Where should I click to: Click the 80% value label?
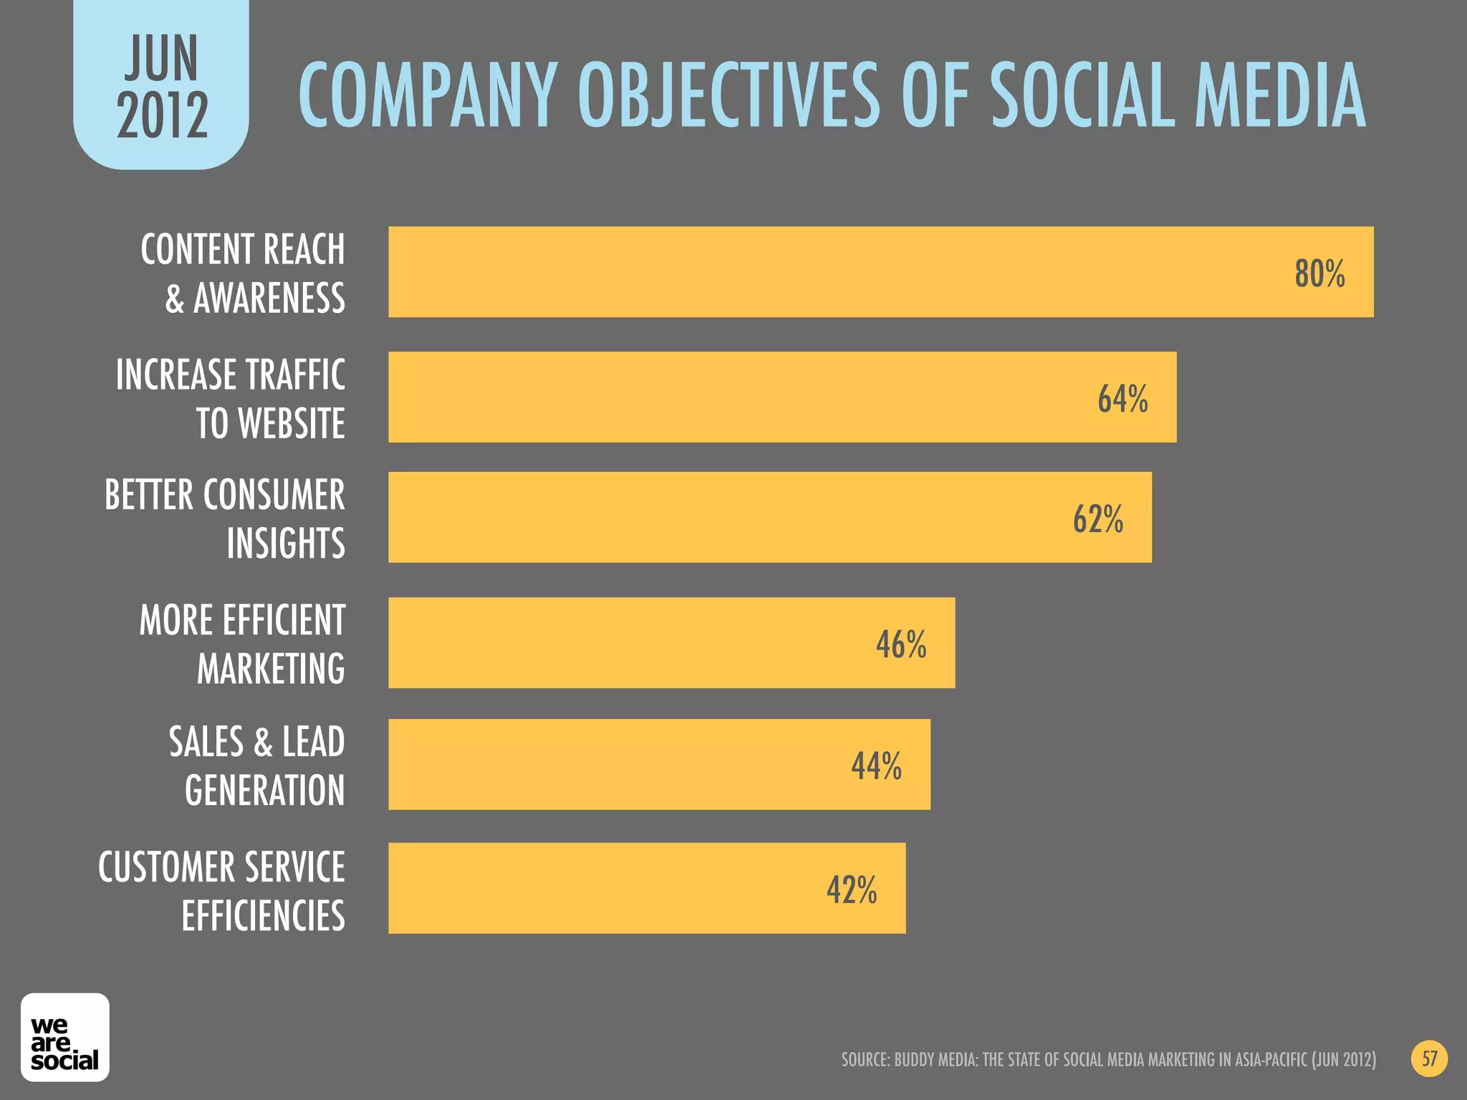[x=1319, y=274]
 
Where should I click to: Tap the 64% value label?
[x=1122, y=399]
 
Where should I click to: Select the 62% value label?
[x=1097, y=519]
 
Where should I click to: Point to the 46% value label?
[x=900, y=645]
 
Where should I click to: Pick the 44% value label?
[x=876, y=766]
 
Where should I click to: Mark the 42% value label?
[x=851, y=891]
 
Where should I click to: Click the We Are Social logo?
[x=64, y=1038]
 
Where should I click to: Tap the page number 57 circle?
[x=1429, y=1059]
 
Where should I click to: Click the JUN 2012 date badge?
[x=162, y=86]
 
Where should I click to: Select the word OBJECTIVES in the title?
[x=728, y=97]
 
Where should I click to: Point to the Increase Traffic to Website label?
[x=231, y=399]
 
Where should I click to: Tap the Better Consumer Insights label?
[x=225, y=519]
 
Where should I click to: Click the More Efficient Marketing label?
[x=242, y=645]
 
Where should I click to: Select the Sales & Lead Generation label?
[x=257, y=766]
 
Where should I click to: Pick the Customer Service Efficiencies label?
[x=222, y=891]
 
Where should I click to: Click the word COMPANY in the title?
[x=427, y=97]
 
